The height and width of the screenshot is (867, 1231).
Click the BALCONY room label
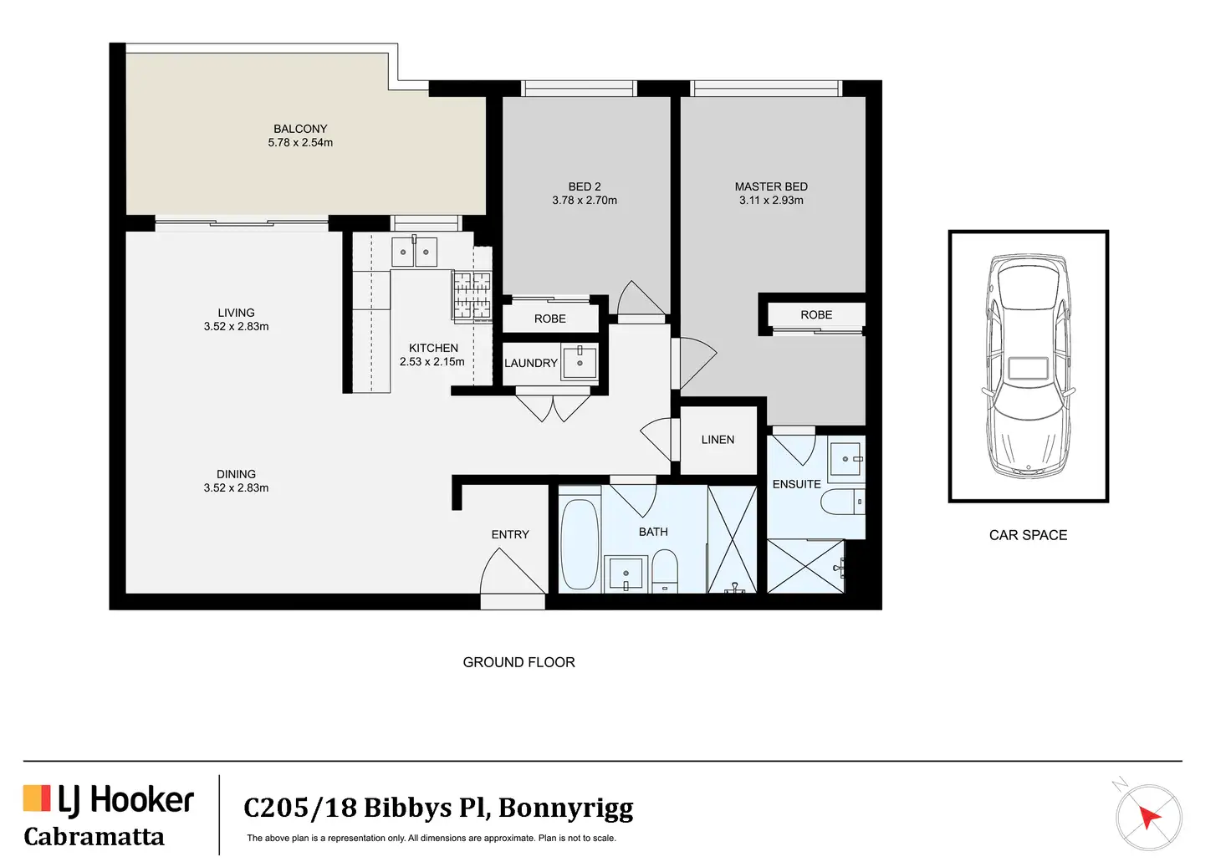pos(300,129)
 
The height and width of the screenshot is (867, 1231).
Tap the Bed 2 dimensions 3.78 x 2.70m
pos(585,201)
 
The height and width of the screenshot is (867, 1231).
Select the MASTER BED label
pos(771,186)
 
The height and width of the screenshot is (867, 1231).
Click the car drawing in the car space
pos(1028,366)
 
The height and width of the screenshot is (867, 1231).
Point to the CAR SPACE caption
pos(1028,535)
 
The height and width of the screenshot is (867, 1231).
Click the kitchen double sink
pos(414,252)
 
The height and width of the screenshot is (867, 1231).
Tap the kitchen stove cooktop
pos(471,296)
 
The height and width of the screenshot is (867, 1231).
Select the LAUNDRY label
pos(531,363)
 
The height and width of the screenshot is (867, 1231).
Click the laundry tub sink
pos(580,362)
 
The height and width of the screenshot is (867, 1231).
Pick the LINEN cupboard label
pos(718,440)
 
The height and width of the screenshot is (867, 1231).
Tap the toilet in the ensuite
pos(843,501)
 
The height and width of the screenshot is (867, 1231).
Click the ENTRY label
pos(510,534)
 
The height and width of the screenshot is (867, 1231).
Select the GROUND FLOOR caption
pos(518,662)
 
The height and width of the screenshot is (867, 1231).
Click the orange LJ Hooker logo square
pos(37,798)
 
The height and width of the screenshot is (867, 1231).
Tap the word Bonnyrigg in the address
pos(565,808)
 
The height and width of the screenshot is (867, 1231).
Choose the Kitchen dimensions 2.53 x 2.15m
pos(432,361)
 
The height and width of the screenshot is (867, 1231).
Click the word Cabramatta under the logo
pos(94,837)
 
